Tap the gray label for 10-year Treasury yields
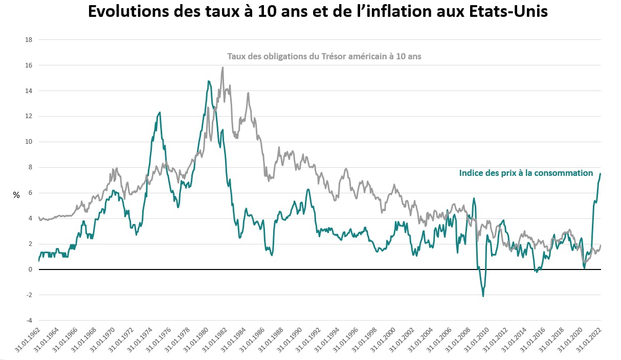point(324,57)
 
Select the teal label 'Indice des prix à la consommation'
point(526,173)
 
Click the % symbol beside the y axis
point(16,195)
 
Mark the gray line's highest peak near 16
point(223,67)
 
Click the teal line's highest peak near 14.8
point(209,81)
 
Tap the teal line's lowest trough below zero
point(483,296)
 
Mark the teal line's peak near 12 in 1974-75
point(160,112)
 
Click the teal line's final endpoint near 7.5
point(601,174)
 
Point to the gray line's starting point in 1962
point(39,217)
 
